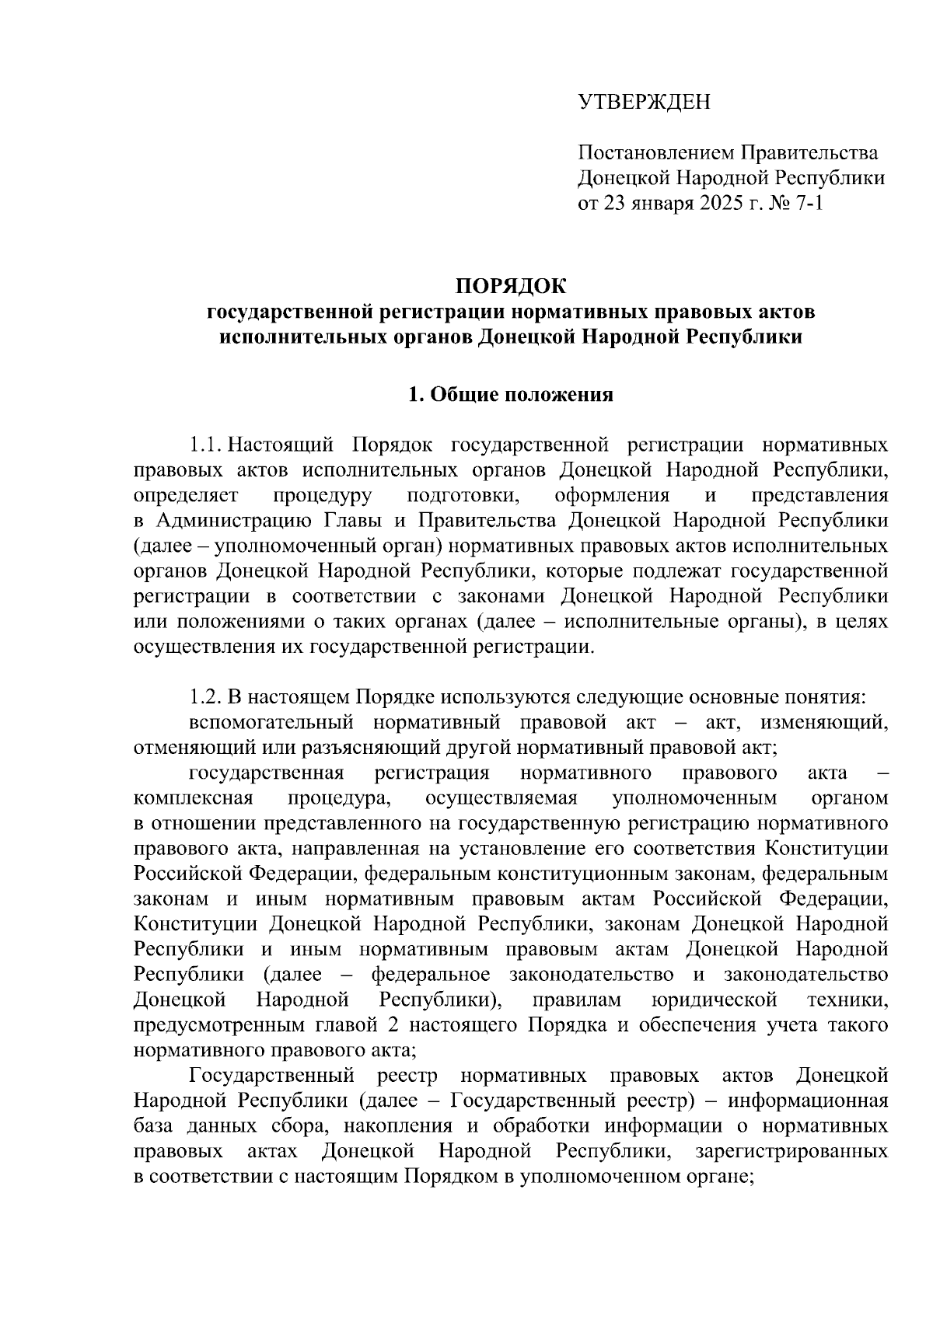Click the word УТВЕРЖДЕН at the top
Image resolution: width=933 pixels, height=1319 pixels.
644,102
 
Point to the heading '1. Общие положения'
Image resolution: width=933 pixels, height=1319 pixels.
511,395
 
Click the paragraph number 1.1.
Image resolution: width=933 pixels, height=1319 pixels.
207,446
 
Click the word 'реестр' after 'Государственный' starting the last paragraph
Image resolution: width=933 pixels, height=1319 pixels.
407,1076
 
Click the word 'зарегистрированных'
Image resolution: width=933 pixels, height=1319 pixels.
791,1151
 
